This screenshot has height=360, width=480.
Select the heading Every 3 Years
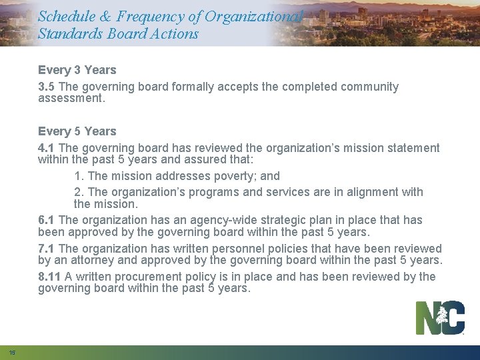point(77,70)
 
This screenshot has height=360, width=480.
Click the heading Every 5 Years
point(77,131)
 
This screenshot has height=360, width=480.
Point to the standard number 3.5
point(47,87)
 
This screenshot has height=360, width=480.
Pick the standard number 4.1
point(47,148)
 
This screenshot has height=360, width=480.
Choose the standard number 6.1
point(47,220)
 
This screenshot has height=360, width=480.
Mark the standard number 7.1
point(47,249)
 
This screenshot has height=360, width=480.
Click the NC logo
point(440,318)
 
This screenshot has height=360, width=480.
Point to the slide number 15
point(12,352)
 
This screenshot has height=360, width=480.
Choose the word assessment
point(70,98)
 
